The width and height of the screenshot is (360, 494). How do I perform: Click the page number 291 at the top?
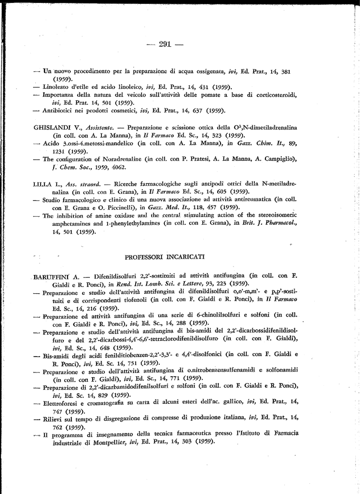click(165, 44)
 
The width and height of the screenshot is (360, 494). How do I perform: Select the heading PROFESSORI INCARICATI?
click(165, 256)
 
